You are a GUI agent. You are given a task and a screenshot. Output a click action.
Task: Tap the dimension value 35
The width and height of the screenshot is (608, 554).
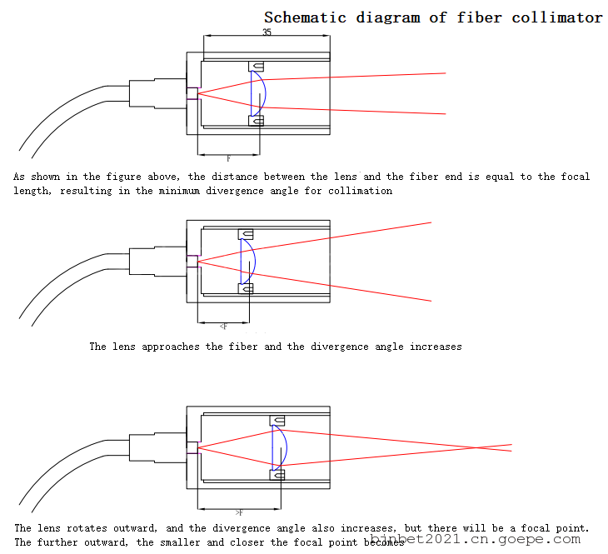[x=267, y=32]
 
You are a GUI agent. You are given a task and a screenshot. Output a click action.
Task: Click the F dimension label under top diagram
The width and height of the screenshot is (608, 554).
[x=228, y=157]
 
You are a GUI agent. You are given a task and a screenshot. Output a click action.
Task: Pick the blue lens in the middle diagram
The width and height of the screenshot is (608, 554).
[x=248, y=261]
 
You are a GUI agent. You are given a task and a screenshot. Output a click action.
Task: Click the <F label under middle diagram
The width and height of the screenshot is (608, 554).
[x=222, y=327]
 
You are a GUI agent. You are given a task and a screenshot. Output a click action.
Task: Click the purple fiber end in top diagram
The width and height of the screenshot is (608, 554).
[x=192, y=93]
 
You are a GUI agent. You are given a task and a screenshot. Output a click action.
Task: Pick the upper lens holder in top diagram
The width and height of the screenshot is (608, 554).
[x=257, y=67]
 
